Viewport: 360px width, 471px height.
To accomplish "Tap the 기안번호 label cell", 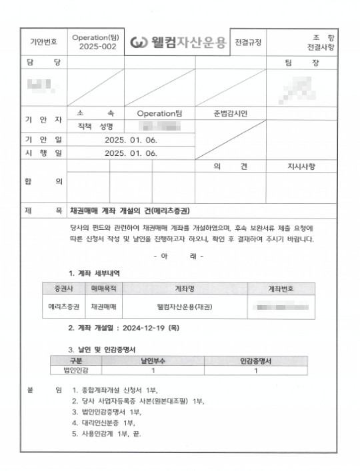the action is [44, 42].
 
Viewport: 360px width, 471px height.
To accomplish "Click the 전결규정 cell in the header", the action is [248, 42].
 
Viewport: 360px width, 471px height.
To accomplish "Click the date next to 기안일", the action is [131, 140].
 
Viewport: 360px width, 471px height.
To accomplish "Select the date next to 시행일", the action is [131, 153].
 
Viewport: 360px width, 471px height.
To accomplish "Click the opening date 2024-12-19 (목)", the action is [147, 328].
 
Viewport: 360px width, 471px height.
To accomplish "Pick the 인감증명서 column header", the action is [257, 361].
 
